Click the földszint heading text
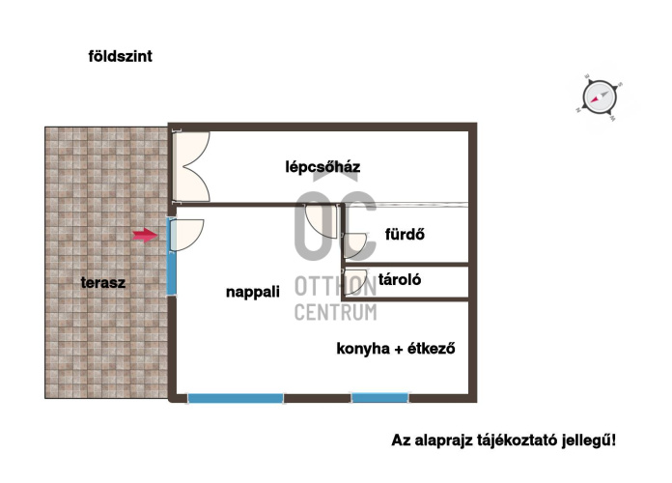(x=120, y=56)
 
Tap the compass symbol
(x=600, y=98)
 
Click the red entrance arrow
(x=145, y=235)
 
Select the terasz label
(x=103, y=283)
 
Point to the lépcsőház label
(x=322, y=166)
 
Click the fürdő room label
(x=405, y=234)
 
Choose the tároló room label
(x=400, y=280)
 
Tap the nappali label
(x=253, y=292)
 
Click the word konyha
(x=363, y=349)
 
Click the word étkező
(x=431, y=349)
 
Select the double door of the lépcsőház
(x=191, y=166)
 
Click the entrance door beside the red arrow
(x=186, y=235)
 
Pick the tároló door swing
(x=355, y=282)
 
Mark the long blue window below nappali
(x=236, y=398)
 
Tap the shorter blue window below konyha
(x=379, y=398)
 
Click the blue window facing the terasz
(x=171, y=257)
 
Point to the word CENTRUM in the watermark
(x=336, y=312)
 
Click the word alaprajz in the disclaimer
(x=444, y=440)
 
